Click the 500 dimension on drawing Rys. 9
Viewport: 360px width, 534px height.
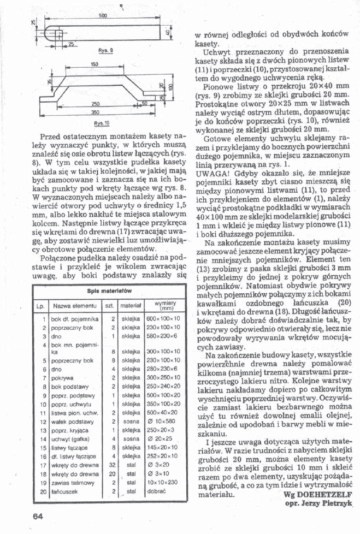(x=102, y=17)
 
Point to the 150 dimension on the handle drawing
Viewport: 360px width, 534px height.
(x=93, y=64)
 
